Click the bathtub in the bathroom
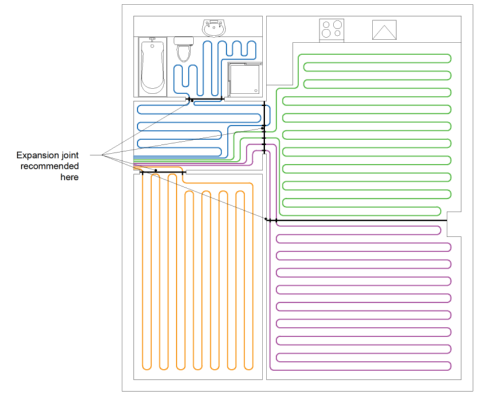point(153,66)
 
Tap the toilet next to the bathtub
point(184,50)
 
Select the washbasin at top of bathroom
point(214,27)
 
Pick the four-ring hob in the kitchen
point(332,30)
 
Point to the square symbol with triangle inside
point(384,30)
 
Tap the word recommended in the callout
point(49,167)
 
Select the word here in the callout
point(69,178)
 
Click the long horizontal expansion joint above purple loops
point(356,220)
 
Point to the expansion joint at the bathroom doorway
point(205,100)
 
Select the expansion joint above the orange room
point(162,172)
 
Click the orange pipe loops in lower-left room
point(195,276)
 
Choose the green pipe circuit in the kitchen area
point(367,132)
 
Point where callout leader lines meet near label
point(102,155)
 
